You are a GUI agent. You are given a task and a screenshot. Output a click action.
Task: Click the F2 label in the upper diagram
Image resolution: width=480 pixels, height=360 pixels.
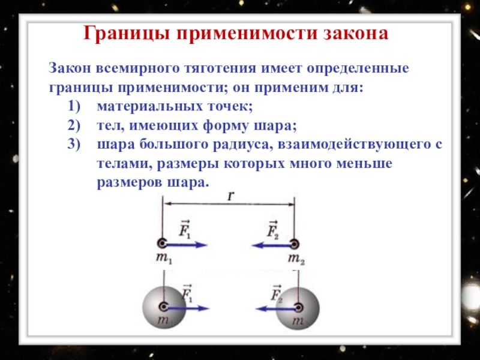tap(272, 229)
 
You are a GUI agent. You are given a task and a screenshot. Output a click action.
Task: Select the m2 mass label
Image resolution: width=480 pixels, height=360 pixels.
tap(296, 259)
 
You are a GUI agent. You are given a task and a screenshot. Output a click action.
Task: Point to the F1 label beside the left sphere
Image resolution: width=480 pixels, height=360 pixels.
tap(187, 294)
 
